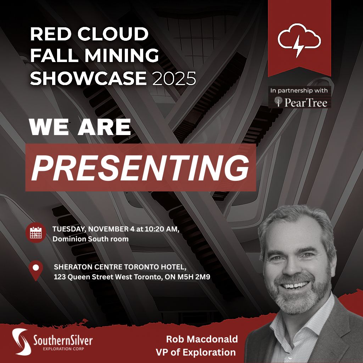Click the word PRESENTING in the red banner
pyautogui.click(x=140, y=167)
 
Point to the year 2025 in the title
pyautogui.click(x=174, y=78)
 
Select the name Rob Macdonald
pyautogui.click(x=202, y=339)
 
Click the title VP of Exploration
pyautogui.click(x=195, y=352)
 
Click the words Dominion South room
pyautogui.click(x=90, y=239)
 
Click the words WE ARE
pyautogui.click(x=80, y=127)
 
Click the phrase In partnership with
pyautogui.click(x=299, y=91)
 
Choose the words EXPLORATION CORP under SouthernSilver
pyautogui.click(x=57, y=349)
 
